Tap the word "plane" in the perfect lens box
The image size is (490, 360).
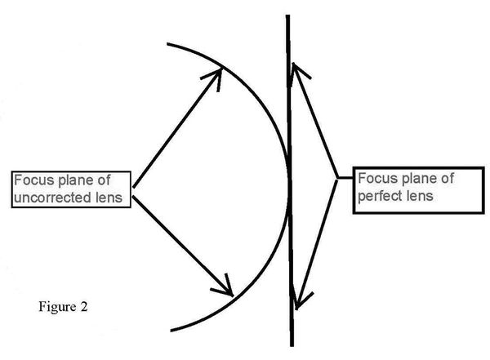point(416,179)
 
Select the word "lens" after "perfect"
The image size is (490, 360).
point(416,196)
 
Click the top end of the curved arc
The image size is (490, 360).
point(168,43)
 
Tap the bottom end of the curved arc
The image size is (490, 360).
point(171,330)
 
